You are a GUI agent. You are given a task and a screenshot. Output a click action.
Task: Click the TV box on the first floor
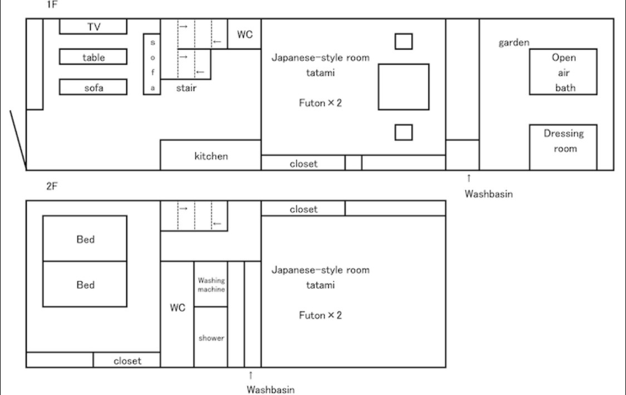tap(93, 26)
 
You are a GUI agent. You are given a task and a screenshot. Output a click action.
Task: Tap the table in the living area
tap(93, 57)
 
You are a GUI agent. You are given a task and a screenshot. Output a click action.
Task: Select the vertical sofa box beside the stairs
tap(152, 64)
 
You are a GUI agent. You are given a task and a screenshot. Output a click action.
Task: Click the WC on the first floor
tap(244, 34)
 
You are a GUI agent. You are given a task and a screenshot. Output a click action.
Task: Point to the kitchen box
tap(211, 155)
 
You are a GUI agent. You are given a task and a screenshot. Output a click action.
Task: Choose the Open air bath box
tap(563, 72)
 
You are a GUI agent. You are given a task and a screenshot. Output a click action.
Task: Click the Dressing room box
tap(563, 147)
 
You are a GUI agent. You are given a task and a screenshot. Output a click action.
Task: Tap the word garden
tap(514, 42)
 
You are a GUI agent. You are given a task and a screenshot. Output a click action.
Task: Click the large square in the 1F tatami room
tap(403, 87)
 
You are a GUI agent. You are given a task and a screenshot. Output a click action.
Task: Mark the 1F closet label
tap(303, 164)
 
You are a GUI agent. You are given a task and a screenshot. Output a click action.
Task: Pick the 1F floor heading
tap(52, 4)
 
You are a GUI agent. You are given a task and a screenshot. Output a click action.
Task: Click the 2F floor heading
tap(52, 186)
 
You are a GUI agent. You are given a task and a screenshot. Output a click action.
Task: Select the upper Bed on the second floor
tap(85, 239)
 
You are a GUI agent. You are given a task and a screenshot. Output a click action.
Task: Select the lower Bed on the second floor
tap(85, 284)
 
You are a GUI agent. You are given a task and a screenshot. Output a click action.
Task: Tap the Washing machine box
tap(211, 284)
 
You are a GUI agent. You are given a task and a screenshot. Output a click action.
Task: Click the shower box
tap(211, 337)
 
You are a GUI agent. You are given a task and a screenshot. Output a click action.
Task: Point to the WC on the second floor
tap(178, 314)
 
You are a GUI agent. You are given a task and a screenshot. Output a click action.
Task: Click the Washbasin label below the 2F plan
tap(270, 389)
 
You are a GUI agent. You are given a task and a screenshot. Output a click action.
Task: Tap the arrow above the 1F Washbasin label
tap(469, 178)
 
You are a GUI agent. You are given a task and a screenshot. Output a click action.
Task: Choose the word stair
tap(186, 88)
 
